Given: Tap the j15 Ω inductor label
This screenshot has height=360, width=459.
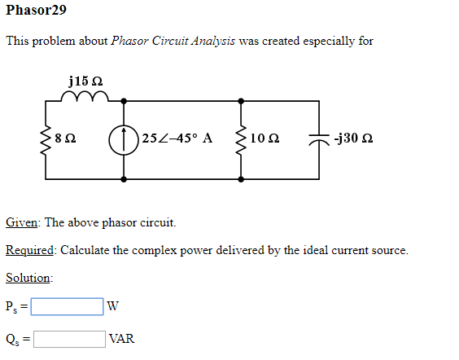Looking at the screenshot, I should pyautogui.click(x=85, y=81).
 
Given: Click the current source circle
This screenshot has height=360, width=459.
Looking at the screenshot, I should pyautogui.click(x=125, y=138).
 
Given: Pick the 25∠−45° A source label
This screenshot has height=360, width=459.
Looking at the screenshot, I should pyautogui.click(x=177, y=138).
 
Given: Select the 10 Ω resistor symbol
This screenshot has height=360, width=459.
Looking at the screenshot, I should pyautogui.click(x=241, y=138).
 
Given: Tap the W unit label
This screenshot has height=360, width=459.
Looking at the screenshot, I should pyautogui.click(x=114, y=307).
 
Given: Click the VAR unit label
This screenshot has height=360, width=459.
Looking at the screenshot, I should pyautogui.click(x=121, y=339).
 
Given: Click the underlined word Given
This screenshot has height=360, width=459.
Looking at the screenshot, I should pyautogui.click(x=22, y=222).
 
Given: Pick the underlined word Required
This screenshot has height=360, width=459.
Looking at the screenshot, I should pyautogui.click(x=30, y=250).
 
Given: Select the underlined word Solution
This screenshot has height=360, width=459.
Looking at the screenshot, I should pyautogui.click(x=28, y=278).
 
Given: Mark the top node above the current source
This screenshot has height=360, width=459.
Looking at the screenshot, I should pyautogui.click(x=125, y=100).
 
